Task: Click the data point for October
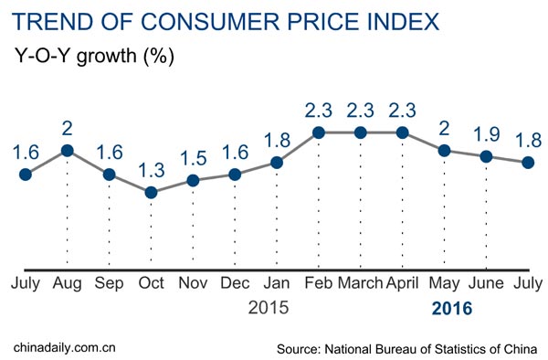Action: (x=151, y=193)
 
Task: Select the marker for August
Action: (x=67, y=151)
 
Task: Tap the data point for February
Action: (x=319, y=132)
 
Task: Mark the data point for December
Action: (x=235, y=175)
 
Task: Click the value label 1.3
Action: (x=151, y=169)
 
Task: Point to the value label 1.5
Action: (x=193, y=157)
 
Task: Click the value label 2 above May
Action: (x=445, y=127)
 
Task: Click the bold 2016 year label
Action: (x=452, y=309)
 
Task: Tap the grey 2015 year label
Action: (x=269, y=309)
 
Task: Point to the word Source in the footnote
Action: (x=302, y=348)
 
